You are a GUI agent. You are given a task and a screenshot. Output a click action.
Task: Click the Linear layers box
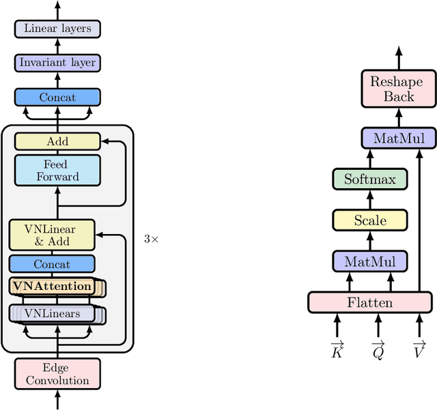[x=57, y=29]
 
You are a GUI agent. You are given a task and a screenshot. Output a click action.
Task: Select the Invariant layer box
[x=57, y=63]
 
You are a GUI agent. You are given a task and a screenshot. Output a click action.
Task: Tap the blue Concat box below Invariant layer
[x=57, y=98]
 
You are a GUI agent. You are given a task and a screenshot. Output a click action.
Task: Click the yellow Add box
[x=57, y=142]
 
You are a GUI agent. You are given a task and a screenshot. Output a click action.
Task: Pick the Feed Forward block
[x=57, y=171]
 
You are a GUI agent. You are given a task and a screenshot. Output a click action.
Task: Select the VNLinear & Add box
[x=52, y=235]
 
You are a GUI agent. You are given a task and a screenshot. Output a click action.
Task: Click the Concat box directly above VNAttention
[x=52, y=264]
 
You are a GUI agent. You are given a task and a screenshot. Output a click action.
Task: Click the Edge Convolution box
[x=57, y=375]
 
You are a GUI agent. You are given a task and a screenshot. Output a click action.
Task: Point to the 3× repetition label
[x=151, y=239]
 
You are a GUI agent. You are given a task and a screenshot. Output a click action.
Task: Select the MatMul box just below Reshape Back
[x=399, y=138]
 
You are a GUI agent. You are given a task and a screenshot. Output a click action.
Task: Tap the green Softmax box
[x=369, y=180]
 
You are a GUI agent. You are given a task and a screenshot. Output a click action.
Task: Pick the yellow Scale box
[x=369, y=220]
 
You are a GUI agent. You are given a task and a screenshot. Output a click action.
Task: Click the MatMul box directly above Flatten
[x=369, y=261]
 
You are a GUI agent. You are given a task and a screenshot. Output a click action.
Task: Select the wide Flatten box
[x=369, y=302]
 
